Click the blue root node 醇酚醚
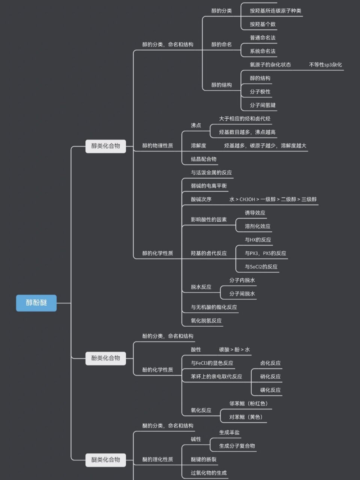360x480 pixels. [x=36, y=303]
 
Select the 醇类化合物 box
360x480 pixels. [x=106, y=146]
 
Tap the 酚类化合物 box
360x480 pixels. [x=106, y=358]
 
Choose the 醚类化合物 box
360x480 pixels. [x=106, y=459]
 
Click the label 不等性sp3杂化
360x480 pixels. [x=325, y=64]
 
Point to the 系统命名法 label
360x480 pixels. [x=262, y=51]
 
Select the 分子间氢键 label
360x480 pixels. [x=262, y=105]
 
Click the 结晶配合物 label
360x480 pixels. [x=204, y=159]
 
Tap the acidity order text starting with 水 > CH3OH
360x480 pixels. [x=273, y=199]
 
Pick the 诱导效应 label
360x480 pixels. [x=255, y=213]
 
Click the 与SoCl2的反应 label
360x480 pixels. [x=261, y=267]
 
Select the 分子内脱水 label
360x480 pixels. [x=242, y=280]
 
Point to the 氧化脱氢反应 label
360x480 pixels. [x=206, y=321]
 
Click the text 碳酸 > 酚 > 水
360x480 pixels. [x=234, y=349]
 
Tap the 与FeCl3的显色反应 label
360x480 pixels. [x=212, y=363]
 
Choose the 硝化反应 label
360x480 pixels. [x=270, y=376]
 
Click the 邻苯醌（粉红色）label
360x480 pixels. [x=249, y=403]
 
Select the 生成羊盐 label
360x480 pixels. [x=229, y=432]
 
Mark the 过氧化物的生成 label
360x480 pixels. [x=209, y=473]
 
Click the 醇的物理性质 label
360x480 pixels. [x=157, y=145]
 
